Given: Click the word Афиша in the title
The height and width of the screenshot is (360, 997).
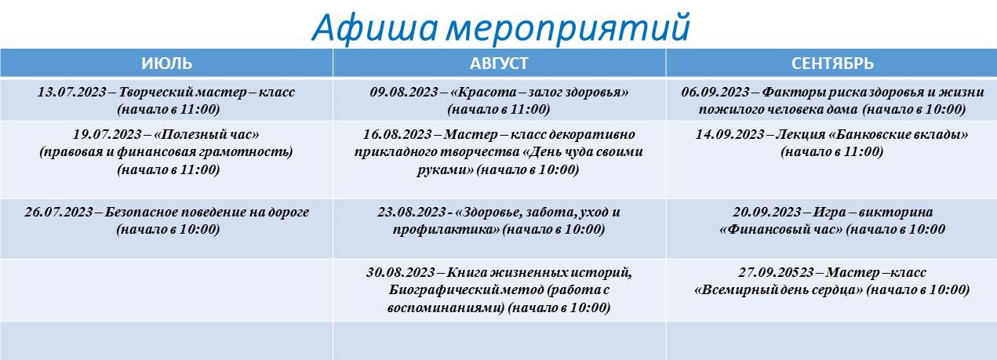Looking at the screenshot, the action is [375, 28].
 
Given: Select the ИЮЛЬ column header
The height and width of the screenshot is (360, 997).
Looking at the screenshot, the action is [167, 64].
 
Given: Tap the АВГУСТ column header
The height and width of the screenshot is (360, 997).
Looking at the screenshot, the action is [499, 64].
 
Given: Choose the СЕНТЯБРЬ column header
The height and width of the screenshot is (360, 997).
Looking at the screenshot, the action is [832, 64].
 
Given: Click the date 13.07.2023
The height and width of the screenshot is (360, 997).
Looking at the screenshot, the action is [72, 92].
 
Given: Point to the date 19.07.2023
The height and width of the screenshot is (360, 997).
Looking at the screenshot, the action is [107, 134].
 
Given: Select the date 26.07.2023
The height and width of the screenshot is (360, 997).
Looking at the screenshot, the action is [59, 212].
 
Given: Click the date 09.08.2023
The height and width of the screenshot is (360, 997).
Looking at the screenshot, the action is [404, 92].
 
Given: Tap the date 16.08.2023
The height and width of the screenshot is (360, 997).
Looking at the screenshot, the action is [398, 134].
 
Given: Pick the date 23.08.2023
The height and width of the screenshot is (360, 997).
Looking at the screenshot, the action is [412, 212].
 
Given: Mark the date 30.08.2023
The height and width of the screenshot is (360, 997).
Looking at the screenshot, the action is [401, 272].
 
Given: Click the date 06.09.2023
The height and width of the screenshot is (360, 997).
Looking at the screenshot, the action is [715, 92].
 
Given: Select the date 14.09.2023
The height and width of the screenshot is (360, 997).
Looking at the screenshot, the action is [730, 134].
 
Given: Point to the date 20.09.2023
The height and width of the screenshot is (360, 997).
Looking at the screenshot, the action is [767, 212].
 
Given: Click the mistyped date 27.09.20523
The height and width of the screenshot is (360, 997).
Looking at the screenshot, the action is [777, 272].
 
